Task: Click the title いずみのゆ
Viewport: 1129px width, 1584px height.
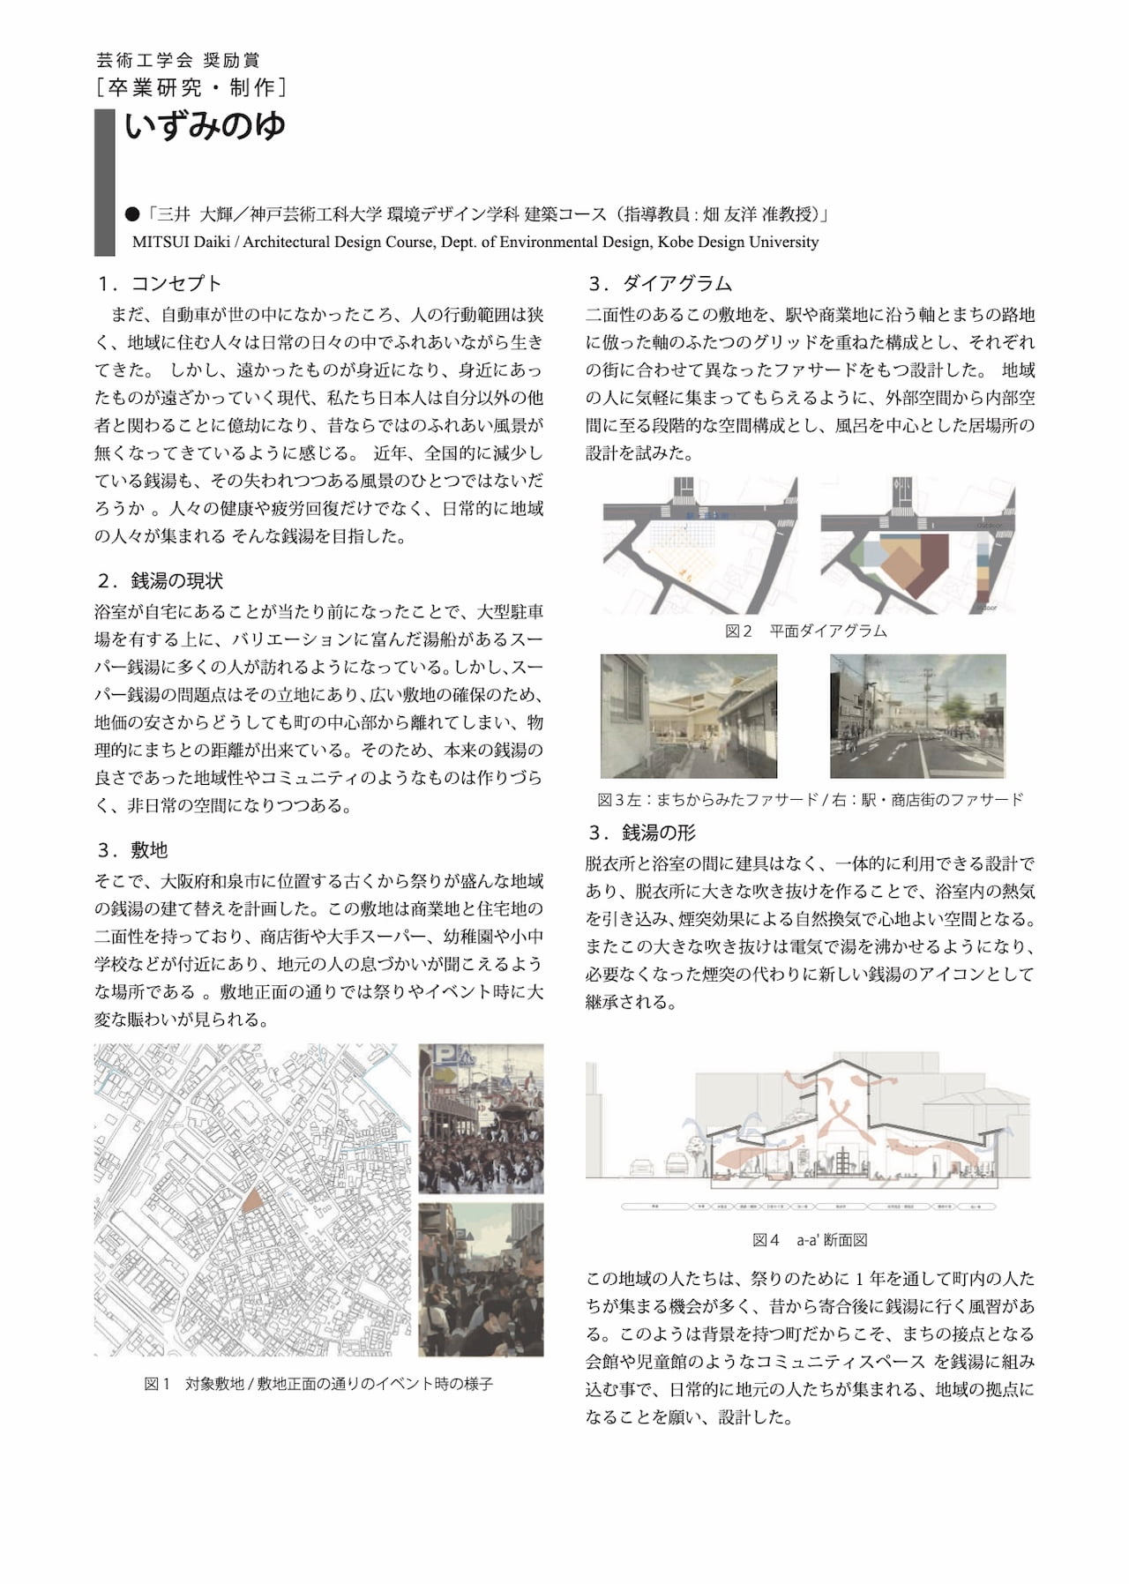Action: pos(205,126)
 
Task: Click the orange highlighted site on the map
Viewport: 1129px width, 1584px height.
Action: pos(251,1199)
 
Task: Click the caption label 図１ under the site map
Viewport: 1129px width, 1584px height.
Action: pos(157,1384)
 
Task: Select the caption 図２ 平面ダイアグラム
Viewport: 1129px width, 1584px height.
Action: pos(805,631)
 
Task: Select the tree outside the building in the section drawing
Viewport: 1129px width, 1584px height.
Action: pos(697,1147)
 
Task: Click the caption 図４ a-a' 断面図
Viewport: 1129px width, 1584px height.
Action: pos(810,1240)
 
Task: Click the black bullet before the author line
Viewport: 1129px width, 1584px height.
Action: pos(132,214)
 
